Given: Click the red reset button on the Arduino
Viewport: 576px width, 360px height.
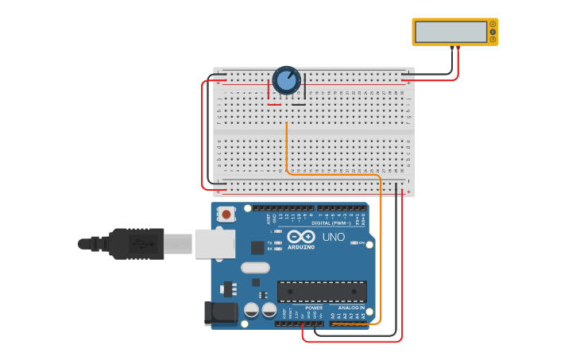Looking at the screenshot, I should (x=227, y=214).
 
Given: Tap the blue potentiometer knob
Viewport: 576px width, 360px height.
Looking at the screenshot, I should (x=286, y=80).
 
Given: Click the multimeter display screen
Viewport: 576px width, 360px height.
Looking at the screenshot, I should (x=450, y=32).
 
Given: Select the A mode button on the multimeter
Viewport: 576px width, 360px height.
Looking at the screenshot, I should (x=493, y=24).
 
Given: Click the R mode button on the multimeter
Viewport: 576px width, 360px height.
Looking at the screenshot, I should (x=493, y=39).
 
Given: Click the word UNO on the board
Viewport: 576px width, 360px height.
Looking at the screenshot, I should (x=334, y=237).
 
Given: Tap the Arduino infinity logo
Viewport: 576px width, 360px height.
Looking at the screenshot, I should (x=302, y=237).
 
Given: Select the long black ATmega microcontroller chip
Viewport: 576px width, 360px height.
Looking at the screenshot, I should (x=322, y=292).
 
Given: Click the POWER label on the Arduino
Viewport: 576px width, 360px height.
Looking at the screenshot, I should (x=314, y=308).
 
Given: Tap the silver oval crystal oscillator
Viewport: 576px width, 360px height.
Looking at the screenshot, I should (x=256, y=268).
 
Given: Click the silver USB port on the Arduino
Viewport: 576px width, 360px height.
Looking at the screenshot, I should (x=215, y=244).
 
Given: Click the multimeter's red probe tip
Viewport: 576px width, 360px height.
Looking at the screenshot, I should (x=458, y=48).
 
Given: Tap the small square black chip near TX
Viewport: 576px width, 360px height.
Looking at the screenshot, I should (x=257, y=247).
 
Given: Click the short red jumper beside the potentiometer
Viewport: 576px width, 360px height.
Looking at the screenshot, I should (x=273, y=104).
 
